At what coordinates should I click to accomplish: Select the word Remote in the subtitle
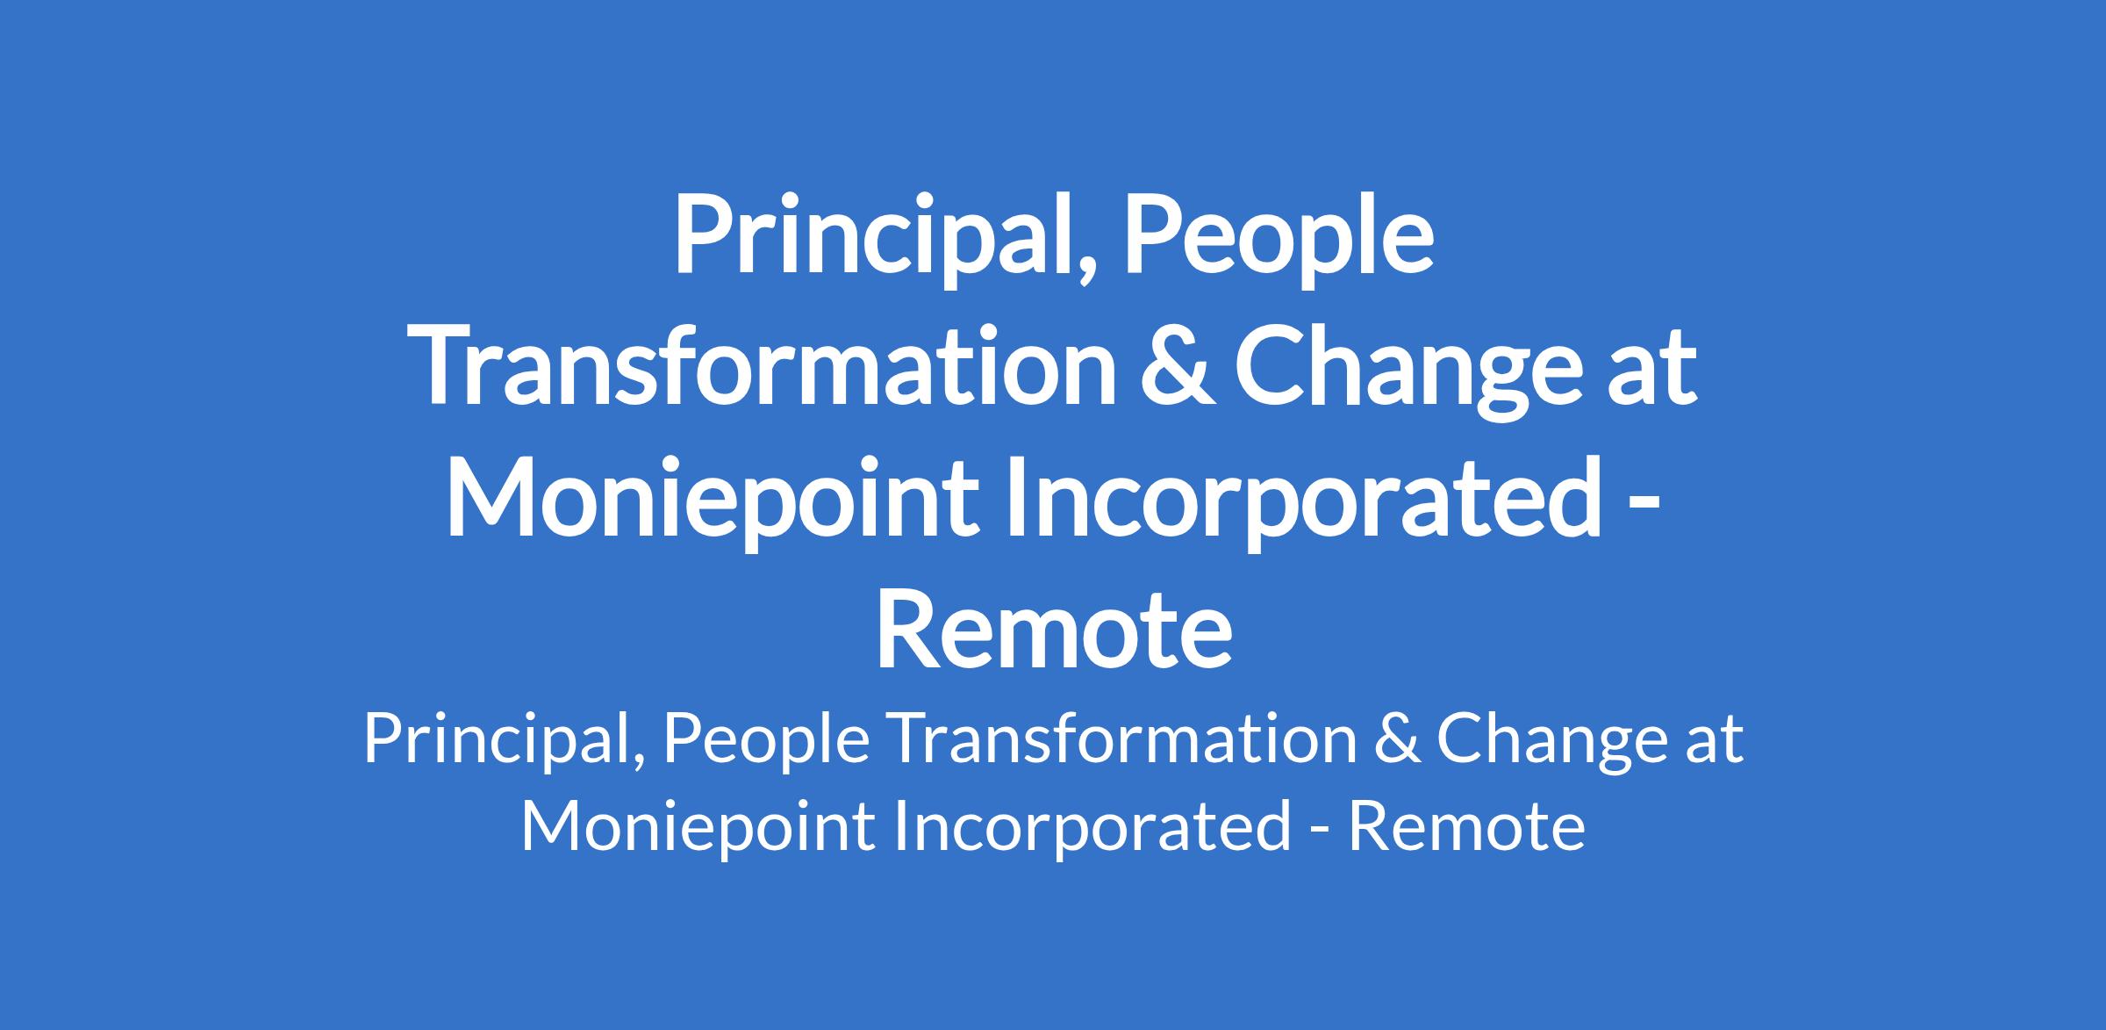(1466, 825)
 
